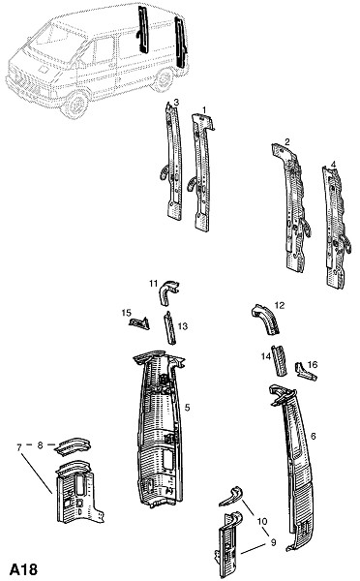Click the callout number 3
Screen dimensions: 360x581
[x=176, y=102]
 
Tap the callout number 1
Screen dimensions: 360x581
[x=203, y=109]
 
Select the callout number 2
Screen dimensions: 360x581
[x=287, y=141]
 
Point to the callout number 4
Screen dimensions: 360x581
[x=333, y=164]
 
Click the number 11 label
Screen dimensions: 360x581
[x=154, y=284]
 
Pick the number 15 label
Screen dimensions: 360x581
[x=127, y=313]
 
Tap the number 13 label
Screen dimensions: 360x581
[x=183, y=326]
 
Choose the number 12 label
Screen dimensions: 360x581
[x=280, y=305]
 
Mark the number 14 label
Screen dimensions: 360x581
[x=266, y=356]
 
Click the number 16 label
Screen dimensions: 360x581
[x=313, y=365]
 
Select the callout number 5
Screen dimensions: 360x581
[x=187, y=408]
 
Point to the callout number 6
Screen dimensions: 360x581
[x=313, y=436]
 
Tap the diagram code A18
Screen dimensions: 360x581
[x=23, y=568]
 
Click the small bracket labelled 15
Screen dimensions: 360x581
[x=139, y=323]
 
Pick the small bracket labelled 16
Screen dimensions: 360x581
[x=305, y=373]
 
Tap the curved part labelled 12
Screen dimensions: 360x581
[x=267, y=320]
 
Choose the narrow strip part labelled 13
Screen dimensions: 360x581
[x=170, y=327]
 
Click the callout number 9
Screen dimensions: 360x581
[x=273, y=542]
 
